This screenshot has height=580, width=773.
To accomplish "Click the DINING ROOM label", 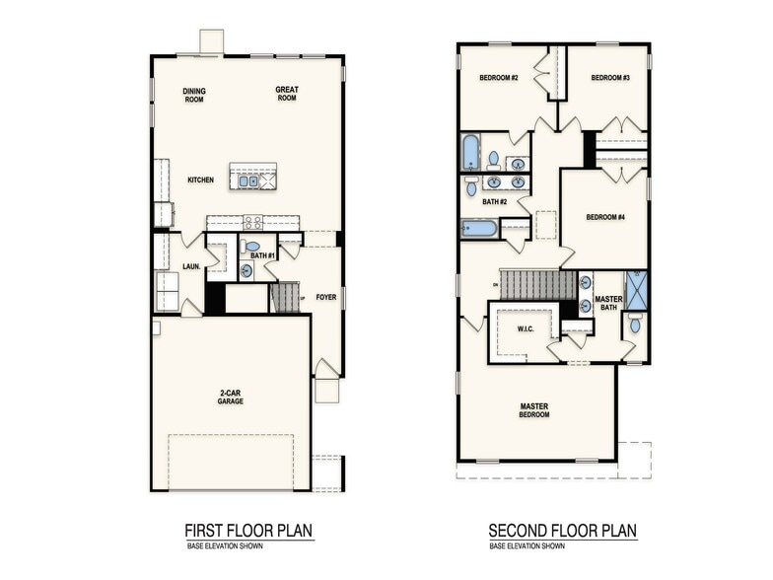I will (x=194, y=96).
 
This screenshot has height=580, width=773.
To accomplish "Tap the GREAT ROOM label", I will (x=287, y=94).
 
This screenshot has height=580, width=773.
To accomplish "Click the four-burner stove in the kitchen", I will (x=252, y=223).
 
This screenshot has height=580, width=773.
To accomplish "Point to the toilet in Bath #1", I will (x=252, y=247).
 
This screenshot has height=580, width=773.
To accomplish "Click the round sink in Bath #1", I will (x=246, y=269).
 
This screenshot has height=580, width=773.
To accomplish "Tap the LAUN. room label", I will (x=191, y=266).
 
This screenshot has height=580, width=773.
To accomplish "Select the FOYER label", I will (x=324, y=296).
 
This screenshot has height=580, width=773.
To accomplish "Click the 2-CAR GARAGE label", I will (x=231, y=398).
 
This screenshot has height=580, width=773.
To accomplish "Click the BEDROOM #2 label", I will (x=499, y=78).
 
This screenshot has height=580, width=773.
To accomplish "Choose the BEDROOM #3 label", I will (x=610, y=78).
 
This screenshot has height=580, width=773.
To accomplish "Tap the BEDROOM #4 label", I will (x=605, y=217).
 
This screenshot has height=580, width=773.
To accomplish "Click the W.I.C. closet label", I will (x=525, y=328).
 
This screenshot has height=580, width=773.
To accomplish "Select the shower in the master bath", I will (x=636, y=290).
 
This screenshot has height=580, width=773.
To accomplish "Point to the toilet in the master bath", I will (x=635, y=324).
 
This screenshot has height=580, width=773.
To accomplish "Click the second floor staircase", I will (x=537, y=285).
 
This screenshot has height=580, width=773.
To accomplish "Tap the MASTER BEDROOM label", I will (x=534, y=409).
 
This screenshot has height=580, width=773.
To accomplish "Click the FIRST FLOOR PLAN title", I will (x=248, y=531).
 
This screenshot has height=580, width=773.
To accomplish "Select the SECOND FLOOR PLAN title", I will (x=562, y=531).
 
